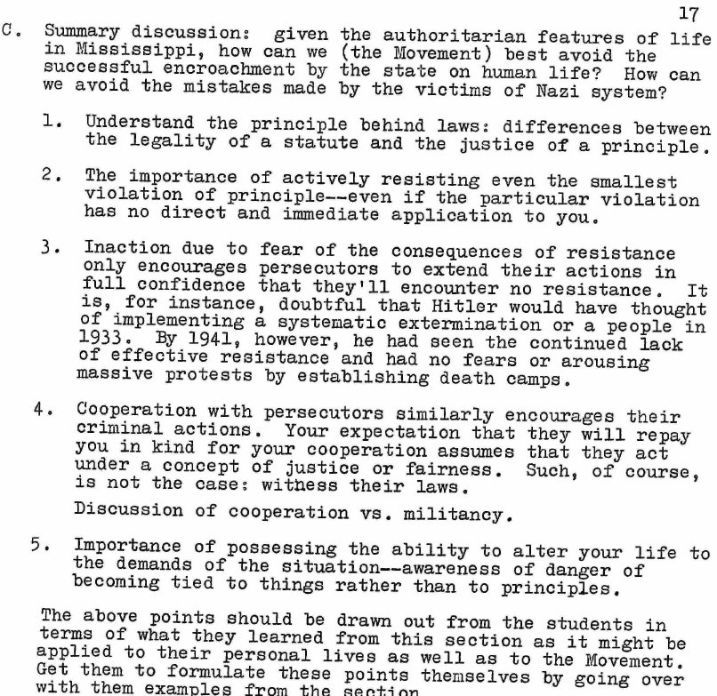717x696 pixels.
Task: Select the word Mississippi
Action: (x=97, y=52)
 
